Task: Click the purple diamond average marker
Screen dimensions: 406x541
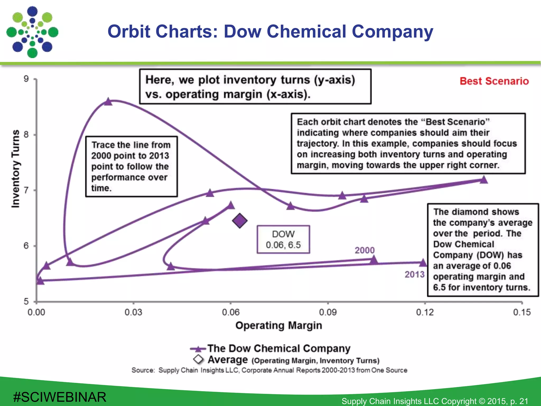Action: pos(240,221)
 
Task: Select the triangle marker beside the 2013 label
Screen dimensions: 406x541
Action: pos(423,263)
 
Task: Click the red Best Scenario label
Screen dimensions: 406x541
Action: pos(494,81)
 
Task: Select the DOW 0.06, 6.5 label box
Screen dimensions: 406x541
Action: pos(283,239)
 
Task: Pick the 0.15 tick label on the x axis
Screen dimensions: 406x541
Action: pos(522,312)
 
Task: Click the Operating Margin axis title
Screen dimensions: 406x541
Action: pos(279,325)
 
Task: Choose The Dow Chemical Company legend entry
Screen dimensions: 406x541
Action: pos(279,348)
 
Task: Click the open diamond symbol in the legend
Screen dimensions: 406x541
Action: pos(198,359)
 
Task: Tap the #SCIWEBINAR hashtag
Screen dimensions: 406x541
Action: pos(60,397)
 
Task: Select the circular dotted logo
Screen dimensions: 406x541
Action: pos(32,32)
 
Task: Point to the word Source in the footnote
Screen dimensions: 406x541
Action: pos(143,370)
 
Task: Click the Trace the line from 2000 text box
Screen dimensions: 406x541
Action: pos(131,167)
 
